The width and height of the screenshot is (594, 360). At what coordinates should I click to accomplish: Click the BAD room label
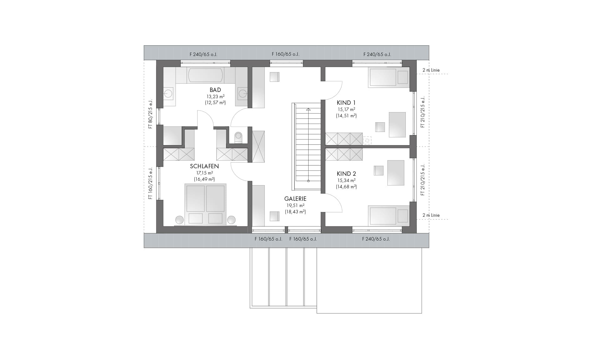(215, 90)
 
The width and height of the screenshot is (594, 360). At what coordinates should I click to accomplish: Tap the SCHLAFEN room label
(204, 166)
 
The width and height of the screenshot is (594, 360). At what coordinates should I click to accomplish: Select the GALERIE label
(295, 199)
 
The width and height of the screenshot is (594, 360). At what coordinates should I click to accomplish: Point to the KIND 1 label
(346, 103)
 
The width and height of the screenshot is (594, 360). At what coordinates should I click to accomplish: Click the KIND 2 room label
(346, 174)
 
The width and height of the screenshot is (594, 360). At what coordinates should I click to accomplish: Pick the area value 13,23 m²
(215, 97)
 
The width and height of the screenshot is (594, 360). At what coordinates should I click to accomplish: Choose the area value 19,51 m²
(295, 205)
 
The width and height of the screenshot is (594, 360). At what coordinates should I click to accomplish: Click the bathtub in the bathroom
(205, 75)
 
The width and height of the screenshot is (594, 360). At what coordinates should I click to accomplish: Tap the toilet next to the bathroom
(238, 137)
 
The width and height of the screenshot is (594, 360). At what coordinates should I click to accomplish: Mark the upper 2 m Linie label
(431, 70)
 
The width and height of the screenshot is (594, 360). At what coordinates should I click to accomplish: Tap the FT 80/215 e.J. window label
(150, 114)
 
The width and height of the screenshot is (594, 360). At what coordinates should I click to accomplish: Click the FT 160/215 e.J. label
(150, 184)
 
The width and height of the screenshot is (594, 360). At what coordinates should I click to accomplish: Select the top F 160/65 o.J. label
(285, 54)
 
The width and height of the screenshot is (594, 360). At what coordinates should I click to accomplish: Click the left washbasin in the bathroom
(169, 93)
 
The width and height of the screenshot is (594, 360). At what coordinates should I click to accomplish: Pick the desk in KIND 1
(397, 124)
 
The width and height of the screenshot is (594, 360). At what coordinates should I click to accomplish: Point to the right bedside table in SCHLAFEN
(231, 220)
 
